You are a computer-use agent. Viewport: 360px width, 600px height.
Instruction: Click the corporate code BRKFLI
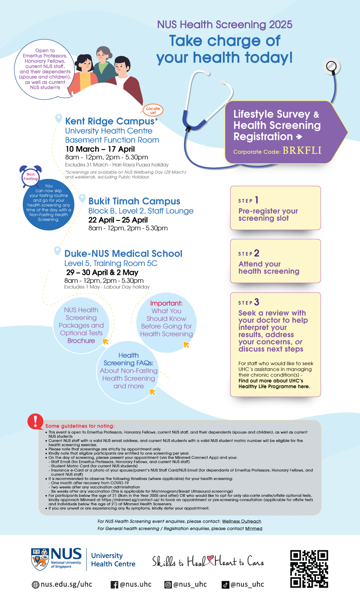[302, 150]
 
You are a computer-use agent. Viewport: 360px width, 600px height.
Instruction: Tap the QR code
[309, 569]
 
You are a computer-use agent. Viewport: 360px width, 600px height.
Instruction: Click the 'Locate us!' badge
[153, 110]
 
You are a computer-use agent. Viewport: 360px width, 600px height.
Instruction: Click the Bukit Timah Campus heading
[134, 201]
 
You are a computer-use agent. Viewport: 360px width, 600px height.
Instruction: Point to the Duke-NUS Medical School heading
[123, 254]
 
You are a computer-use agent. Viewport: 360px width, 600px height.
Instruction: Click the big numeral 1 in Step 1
[256, 200]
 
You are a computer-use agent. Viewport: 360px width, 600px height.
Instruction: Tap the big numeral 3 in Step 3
[256, 302]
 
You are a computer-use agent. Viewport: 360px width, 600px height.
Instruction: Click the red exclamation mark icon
[36, 421]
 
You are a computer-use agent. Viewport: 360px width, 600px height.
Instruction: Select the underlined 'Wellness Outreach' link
[242, 521]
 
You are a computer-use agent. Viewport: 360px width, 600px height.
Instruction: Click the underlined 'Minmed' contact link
[254, 528]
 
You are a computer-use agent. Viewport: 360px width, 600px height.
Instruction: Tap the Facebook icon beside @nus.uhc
[114, 585]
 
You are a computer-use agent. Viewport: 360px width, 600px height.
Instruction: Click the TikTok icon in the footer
[226, 585]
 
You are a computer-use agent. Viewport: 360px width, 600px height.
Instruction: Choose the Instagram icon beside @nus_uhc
[168, 585]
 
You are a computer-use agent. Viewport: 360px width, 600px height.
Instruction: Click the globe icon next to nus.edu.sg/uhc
[36, 585]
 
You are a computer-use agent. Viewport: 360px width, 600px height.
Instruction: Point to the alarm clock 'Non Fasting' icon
[31, 176]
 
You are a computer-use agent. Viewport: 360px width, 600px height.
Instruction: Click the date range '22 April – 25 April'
[118, 220]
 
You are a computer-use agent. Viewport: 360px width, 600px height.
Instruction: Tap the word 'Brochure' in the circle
[81, 341]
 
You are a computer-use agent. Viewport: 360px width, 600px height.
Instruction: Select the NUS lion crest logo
[40, 559]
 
